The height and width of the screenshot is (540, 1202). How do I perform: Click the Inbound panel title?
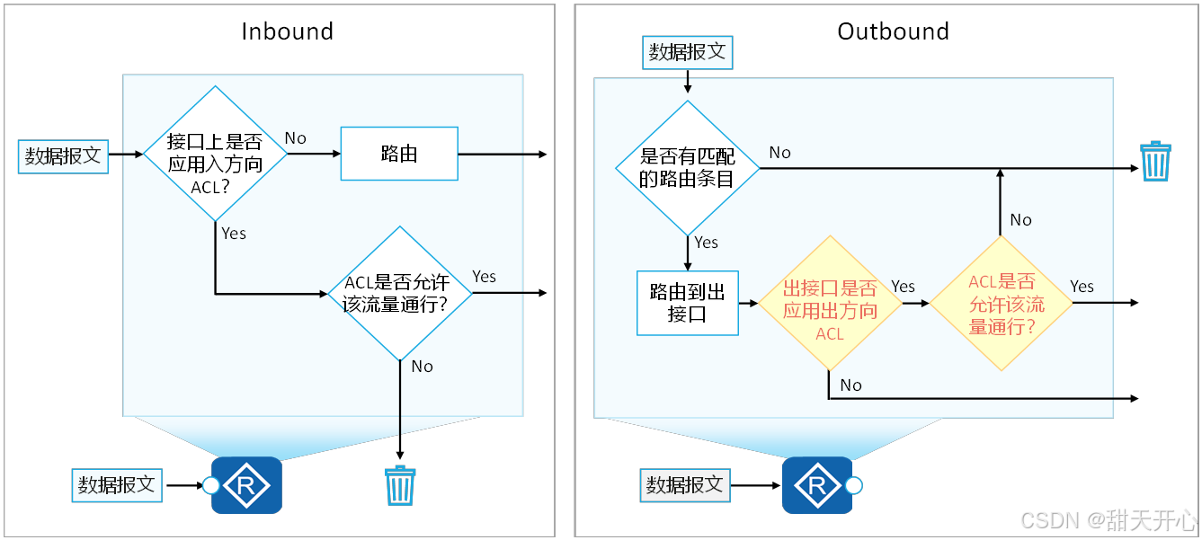287,31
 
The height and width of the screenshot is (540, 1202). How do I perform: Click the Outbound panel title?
893,31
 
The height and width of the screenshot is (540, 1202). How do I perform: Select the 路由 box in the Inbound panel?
399,154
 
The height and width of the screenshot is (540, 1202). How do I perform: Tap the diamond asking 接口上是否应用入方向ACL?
215,154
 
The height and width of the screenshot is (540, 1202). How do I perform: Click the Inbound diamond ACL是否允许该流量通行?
399,293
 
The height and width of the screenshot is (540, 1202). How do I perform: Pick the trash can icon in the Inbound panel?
399,485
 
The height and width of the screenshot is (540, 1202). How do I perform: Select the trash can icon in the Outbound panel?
1155,162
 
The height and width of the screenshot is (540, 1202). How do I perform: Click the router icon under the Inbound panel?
246,485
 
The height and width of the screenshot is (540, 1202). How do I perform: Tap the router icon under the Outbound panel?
817,485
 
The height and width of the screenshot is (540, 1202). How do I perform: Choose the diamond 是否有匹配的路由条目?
687,167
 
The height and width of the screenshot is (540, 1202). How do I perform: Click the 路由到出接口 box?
687,303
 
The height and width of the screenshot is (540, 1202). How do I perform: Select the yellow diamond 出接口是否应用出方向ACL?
830,303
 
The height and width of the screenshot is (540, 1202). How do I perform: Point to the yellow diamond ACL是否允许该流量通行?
1001,303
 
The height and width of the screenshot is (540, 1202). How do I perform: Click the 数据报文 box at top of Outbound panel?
687,52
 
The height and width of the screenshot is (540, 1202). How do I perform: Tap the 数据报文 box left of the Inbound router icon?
116,485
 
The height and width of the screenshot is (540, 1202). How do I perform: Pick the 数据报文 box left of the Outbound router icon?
684,485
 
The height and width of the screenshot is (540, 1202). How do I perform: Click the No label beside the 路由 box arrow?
296,138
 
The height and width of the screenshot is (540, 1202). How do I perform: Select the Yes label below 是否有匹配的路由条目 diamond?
707,243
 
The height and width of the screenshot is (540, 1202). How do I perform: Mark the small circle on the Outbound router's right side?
854,486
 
